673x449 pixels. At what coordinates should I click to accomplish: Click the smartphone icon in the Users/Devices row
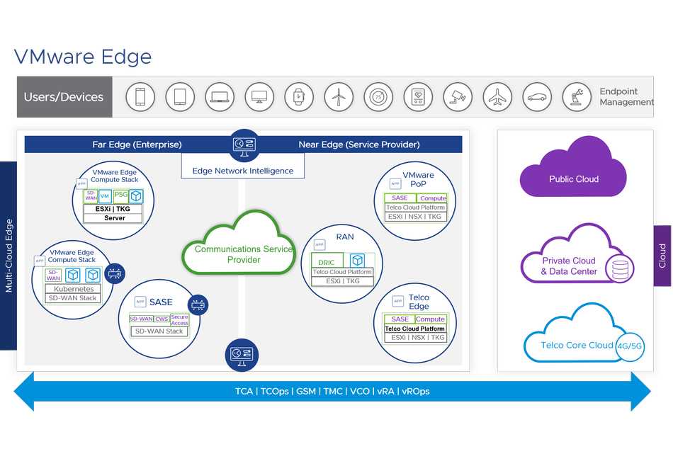pyautogui.click(x=140, y=97)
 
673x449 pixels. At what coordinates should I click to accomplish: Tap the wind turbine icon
pyautogui.click(x=339, y=97)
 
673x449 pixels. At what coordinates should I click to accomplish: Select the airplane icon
pyautogui.click(x=498, y=97)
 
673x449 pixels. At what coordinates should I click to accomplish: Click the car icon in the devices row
pyautogui.click(x=537, y=97)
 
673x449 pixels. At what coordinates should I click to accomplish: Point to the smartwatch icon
pyautogui.click(x=299, y=97)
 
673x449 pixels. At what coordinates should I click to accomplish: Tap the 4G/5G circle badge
pyautogui.click(x=630, y=346)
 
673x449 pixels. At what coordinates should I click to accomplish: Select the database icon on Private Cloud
pyautogui.click(x=620, y=270)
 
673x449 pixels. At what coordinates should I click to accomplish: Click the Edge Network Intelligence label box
pyautogui.click(x=242, y=171)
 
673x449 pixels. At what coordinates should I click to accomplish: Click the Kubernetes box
pyautogui.click(x=74, y=289)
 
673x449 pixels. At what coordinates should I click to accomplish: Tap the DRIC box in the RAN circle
pyautogui.click(x=327, y=262)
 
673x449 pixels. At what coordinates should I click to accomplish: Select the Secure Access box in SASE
pyautogui.click(x=180, y=320)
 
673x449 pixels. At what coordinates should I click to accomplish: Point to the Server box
pyautogui.click(x=113, y=218)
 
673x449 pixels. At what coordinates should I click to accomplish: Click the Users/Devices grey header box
pyautogui.click(x=64, y=97)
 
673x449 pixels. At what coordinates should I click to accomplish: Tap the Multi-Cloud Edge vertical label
pyautogui.click(x=9, y=256)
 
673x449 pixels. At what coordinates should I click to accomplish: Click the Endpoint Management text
pyautogui.click(x=626, y=97)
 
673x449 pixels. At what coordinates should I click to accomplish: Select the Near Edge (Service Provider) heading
pyautogui.click(x=359, y=144)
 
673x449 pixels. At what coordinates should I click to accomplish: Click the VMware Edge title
pyautogui.click(x=83, y=57)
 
